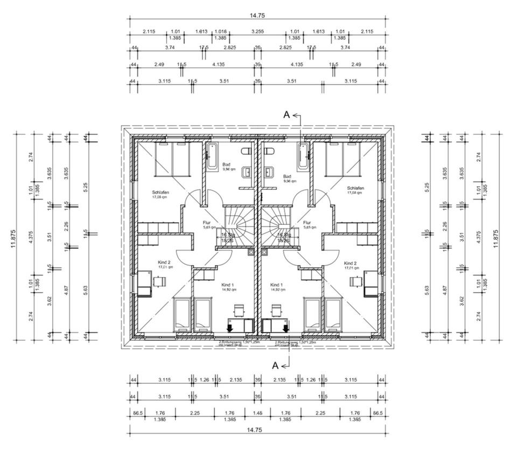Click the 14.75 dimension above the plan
pos(257,16)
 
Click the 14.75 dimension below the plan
pos(257,430)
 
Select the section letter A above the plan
pos(287,114)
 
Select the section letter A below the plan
pos(275,365)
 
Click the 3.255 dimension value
pos(257,31)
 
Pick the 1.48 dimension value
pos(257,413)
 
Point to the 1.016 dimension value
pos(220,31)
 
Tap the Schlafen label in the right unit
pos(355,188)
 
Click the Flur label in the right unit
pos(308,222)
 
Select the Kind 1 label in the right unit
pos(276,284)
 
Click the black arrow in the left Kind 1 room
pos(230,326)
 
